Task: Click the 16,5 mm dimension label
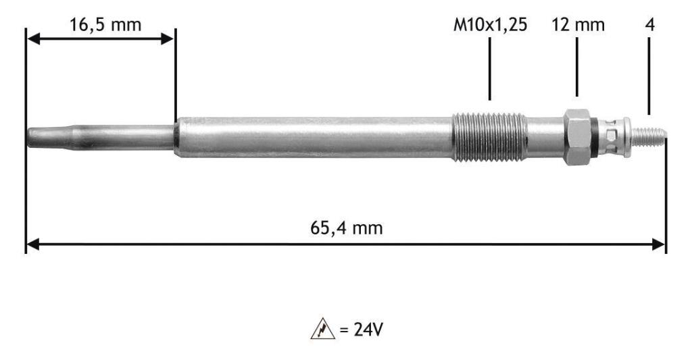click(x=105, y=25)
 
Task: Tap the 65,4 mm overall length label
click(x=347, y=228)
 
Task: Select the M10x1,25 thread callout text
click(x=491, y=25)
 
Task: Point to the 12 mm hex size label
click(x=578, y=25)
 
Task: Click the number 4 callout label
click(x=649, y=25)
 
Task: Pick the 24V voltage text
click(x=368, y=329)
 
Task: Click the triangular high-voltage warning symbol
click(x=322, y=329)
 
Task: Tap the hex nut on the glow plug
click(x=577, y=137)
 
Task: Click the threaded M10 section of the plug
click(x=489, y=137)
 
